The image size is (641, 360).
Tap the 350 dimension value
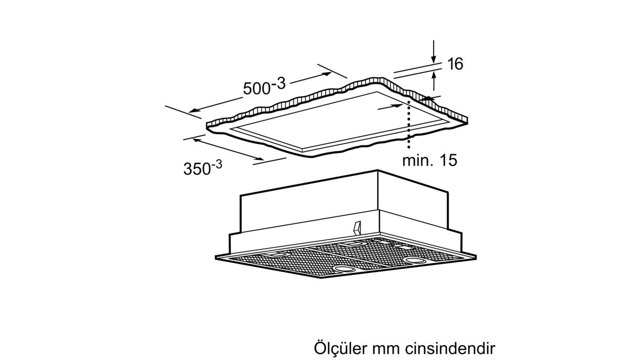[x=196, y=169]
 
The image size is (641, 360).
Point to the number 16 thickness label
[x=455, y=65]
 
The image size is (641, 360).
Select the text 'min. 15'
[x=430, y=160]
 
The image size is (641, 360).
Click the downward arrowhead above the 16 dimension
[x=434, y=59]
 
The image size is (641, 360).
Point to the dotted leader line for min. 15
[x=409, y=126]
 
